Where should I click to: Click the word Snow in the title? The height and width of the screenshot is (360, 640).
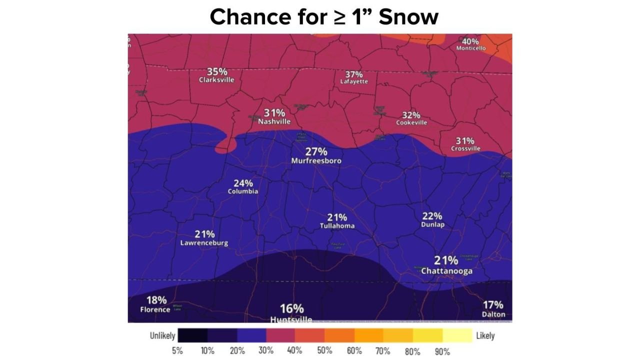tap(408, 17)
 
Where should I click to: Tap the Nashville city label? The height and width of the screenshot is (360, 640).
tap(274, 121)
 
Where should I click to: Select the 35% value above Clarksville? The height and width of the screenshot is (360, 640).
tap(217, 71)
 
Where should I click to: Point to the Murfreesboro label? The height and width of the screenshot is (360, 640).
tap(316, 161)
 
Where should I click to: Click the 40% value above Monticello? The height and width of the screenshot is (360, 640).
tap(470, 41)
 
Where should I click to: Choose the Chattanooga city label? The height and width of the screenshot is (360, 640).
tap(446, 271)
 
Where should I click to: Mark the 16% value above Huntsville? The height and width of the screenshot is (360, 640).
tap(291, 308)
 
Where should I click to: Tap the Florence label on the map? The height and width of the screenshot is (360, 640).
tap(155, 309)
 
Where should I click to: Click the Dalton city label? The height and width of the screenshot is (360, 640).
tap(493, 314)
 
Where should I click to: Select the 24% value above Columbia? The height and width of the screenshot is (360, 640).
tap(243, 183)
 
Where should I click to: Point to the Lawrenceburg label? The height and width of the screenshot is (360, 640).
tap(204, 243)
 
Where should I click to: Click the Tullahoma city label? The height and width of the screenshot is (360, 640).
tap(337, 226)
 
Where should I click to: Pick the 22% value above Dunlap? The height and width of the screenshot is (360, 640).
tap(432, 216)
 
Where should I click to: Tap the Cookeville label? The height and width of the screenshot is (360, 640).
tap(411, 122)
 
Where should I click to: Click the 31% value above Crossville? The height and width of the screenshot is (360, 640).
tap(465, 140)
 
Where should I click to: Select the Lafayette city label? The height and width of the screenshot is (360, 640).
tap(354, 81)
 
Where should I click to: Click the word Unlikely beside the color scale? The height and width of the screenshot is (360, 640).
tap(162, 335)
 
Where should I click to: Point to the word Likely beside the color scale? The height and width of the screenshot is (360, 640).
tap(485, 335)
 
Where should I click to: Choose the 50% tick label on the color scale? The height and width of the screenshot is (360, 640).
tap(325, 351)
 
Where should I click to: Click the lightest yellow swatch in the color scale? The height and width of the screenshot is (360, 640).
tap(457, 335)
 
